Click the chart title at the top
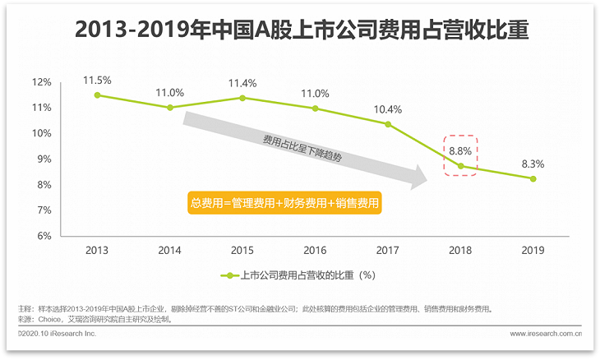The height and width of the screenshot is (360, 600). tap(301, 31)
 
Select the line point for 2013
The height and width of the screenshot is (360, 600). tap(97, 95)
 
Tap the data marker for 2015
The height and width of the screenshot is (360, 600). tap(242, 98)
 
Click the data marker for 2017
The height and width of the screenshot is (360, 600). tap(388, 124)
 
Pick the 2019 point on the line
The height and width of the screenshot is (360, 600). tap(533, 178)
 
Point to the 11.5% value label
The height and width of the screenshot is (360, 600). tap(97, 80)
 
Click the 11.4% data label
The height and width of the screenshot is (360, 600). tap(242, 83)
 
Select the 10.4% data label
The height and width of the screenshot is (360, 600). tap(388, 109)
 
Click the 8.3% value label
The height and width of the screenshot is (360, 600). tap(533, 164)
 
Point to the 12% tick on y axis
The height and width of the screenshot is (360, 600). tap(42, 82)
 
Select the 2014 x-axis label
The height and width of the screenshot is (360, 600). tap(169, 250)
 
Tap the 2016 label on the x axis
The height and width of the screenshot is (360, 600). tap(315, 250)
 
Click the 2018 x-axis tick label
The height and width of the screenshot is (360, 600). tap(460, 250)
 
